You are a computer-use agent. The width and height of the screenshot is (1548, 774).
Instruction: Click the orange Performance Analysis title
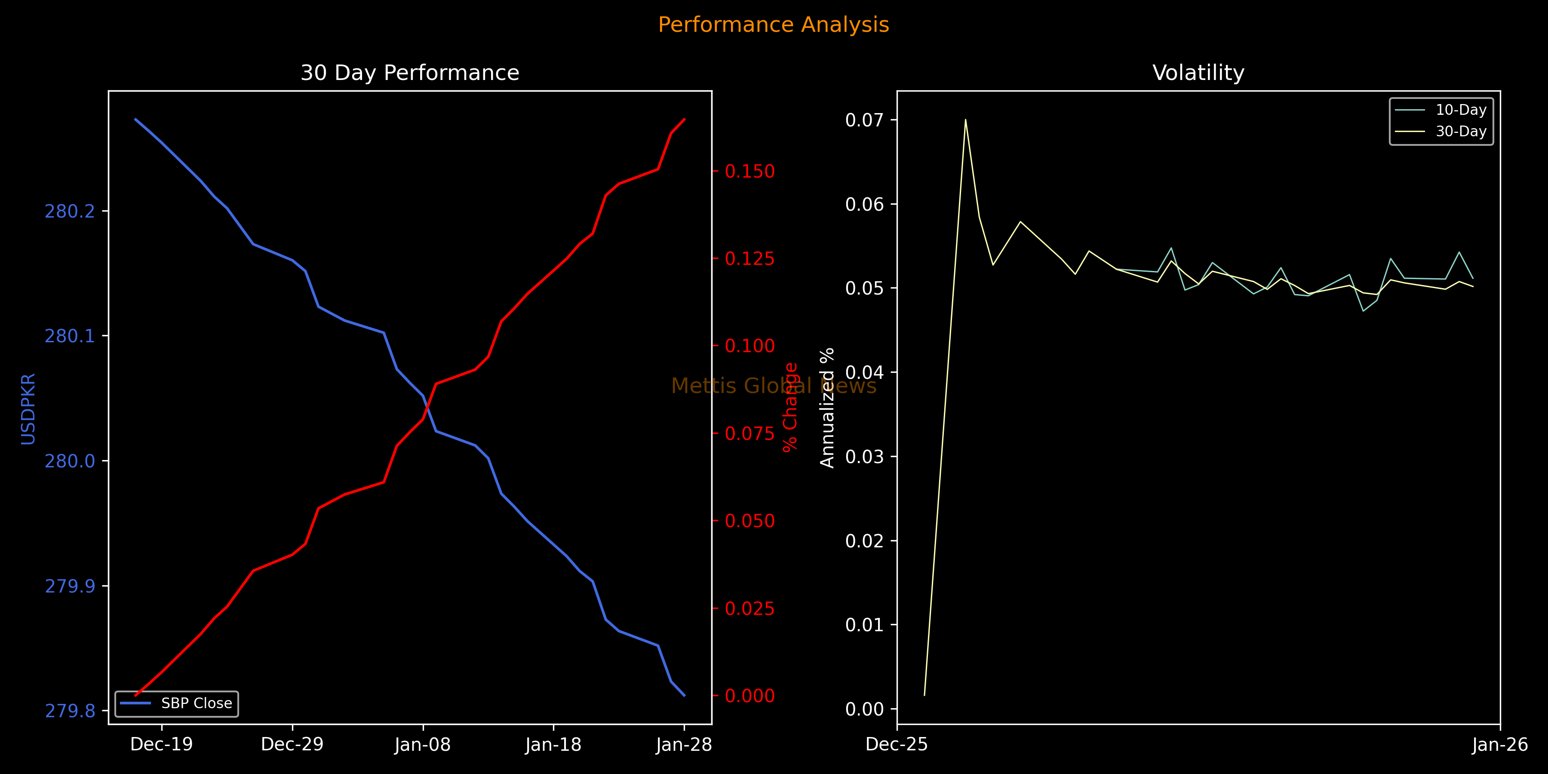(x=774, y=25)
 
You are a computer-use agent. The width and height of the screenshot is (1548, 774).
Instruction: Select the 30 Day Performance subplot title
(x=410, y=73)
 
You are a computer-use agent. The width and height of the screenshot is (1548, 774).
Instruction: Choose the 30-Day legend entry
(x=1461, y=132)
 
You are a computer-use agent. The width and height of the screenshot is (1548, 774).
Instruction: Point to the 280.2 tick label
(x=70, y=212)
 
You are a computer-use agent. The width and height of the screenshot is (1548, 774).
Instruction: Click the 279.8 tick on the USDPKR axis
(x=70, y=711)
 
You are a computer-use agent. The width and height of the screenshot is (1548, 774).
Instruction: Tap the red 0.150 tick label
(x=750, y=172)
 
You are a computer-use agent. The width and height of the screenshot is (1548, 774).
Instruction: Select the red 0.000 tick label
(x=750, y=696)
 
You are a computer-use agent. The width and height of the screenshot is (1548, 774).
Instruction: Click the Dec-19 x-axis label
(x=162, y=745)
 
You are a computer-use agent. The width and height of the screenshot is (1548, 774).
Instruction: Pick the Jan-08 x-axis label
(x=422, y=745)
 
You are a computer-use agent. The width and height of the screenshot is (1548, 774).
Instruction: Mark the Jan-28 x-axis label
(x=684, y=745)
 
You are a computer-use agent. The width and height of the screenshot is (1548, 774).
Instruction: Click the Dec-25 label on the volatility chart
(x=897, y=745)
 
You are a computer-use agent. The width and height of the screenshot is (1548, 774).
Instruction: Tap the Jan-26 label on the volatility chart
(x=1500, y=745)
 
